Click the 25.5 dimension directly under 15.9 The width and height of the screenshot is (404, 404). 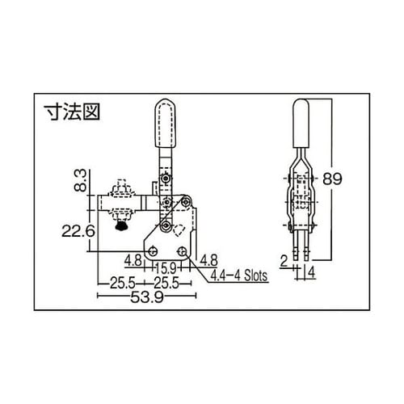(167, 283)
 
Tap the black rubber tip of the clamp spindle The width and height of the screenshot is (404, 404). (121, 227)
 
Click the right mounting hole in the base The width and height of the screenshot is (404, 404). (185, 250)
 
